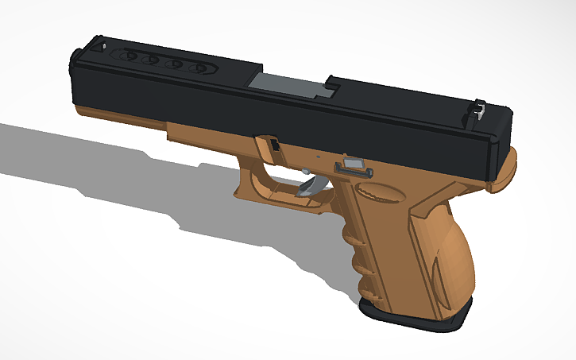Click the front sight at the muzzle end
click(x=102, y=45)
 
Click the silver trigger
click(x=311, y=188)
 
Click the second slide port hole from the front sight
click(x=152, y=60)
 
